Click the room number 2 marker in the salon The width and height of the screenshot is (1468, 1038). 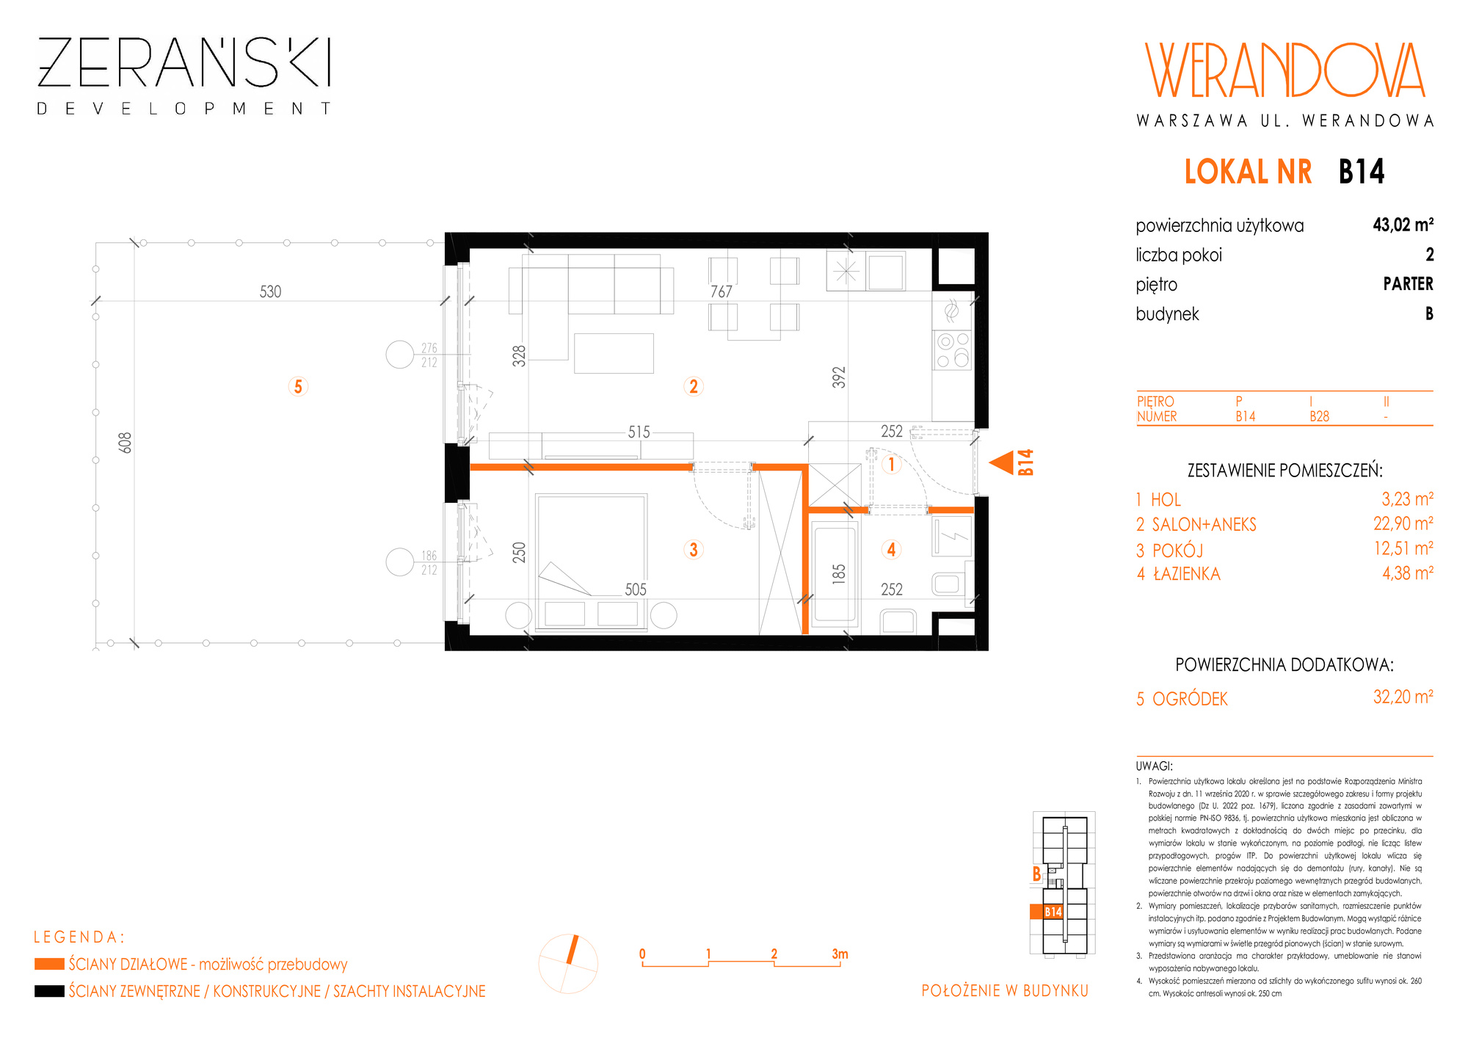(x=694, y=386)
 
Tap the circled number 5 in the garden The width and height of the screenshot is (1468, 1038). (x=298, y=386)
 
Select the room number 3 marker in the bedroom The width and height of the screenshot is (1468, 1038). (x=694, y=549)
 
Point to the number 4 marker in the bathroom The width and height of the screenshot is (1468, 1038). (x=891, y=549)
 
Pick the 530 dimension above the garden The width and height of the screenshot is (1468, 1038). (x=270, y=291)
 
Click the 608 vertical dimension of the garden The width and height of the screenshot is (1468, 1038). (x=126, y=443)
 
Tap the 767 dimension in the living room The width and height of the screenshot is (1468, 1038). (x=722, y=291)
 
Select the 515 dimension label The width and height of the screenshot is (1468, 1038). (x=639, y=432)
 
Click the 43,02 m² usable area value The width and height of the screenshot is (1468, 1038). (x=1403, y=225)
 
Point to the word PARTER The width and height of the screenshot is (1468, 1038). (x=1408, y=283)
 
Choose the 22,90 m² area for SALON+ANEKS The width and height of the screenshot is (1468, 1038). (x=1403, y=523)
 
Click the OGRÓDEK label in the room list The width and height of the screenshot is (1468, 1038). (x=1190, y=698)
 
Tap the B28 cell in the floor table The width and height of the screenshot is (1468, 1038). (x=1319, y=416)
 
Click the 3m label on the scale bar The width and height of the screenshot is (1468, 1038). (x=840, y=954)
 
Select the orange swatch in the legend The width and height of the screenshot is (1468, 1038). (x=49, y=964)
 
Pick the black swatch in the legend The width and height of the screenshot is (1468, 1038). (x=49, y=991)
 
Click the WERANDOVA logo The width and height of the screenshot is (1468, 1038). (x=1284, y=70)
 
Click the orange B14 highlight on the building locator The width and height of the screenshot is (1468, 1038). (x=1047, y=912)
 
